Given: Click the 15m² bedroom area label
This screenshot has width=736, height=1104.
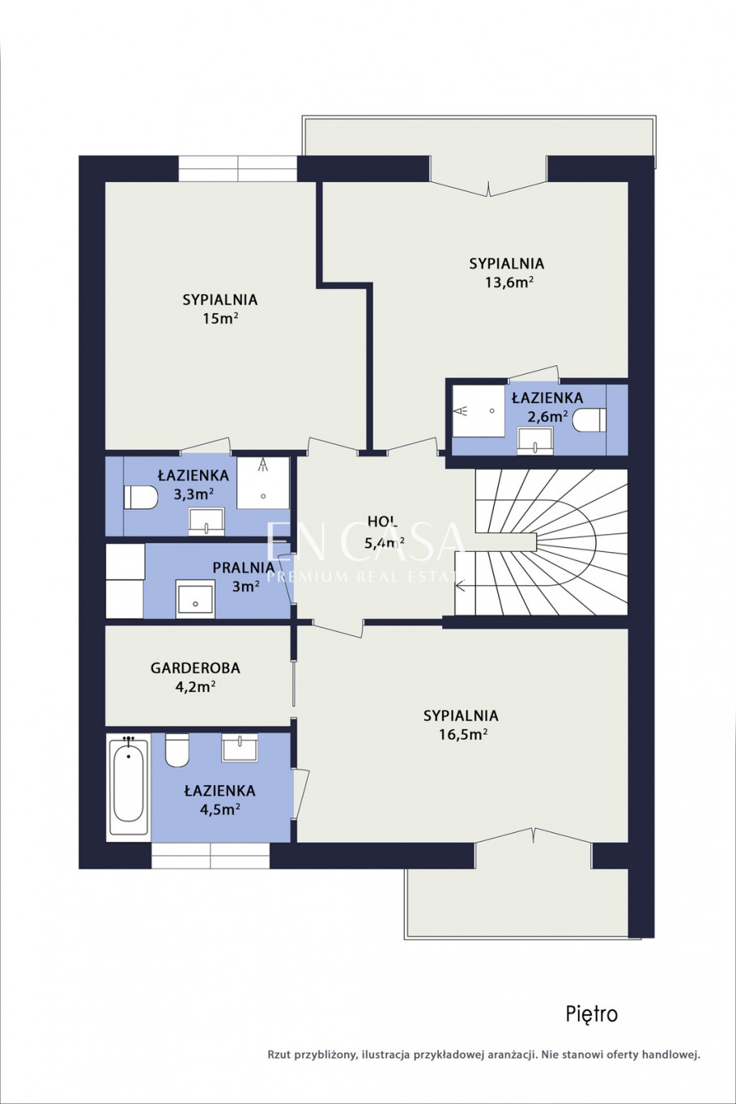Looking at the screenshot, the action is point(220,318).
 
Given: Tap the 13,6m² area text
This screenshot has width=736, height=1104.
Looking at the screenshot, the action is point(510,282).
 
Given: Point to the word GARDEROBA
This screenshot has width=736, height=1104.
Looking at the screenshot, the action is point(195,668).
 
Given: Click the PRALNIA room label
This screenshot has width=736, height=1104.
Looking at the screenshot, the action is point(244,567).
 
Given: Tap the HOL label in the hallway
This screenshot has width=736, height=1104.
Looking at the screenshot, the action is point(382,521).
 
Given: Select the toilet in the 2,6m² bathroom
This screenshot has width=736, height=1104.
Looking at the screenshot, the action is point(589,420).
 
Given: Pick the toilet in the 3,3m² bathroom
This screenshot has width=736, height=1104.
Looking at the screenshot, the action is point(141,498).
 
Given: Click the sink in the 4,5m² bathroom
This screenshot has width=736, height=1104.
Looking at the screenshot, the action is point(240,748).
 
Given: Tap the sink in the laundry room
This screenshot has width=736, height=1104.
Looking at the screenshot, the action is point(196,598).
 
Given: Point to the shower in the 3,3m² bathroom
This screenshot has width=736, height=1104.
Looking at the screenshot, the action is point(263,483).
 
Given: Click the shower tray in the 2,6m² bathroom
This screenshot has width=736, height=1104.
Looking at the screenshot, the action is point(479,410).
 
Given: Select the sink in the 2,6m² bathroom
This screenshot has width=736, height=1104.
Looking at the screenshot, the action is point(535,440).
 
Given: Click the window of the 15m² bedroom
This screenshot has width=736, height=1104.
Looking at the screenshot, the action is point(237,169).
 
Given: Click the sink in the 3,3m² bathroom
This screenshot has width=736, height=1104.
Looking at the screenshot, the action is point(206,521).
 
